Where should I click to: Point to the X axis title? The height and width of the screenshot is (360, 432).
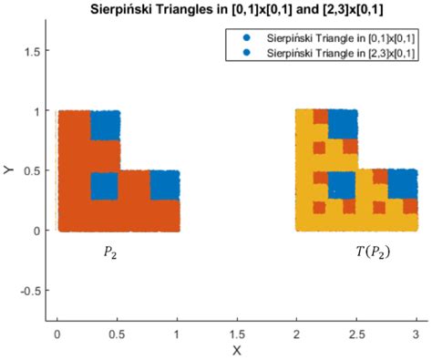(x=236, y=349)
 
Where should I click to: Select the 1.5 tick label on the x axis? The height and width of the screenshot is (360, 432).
(x=236, y=332)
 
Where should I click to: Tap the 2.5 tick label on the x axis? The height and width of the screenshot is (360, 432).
(x=355, y=332)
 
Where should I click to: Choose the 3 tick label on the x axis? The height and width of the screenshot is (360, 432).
(x=416, y=332)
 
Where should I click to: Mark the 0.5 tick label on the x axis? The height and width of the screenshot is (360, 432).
(x=117, y=332)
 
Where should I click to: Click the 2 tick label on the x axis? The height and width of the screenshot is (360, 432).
(x=296, y=332)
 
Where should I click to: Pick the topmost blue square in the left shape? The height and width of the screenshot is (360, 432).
(x=105, y=125)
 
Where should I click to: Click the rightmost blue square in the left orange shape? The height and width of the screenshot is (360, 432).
(x=165, y=185)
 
